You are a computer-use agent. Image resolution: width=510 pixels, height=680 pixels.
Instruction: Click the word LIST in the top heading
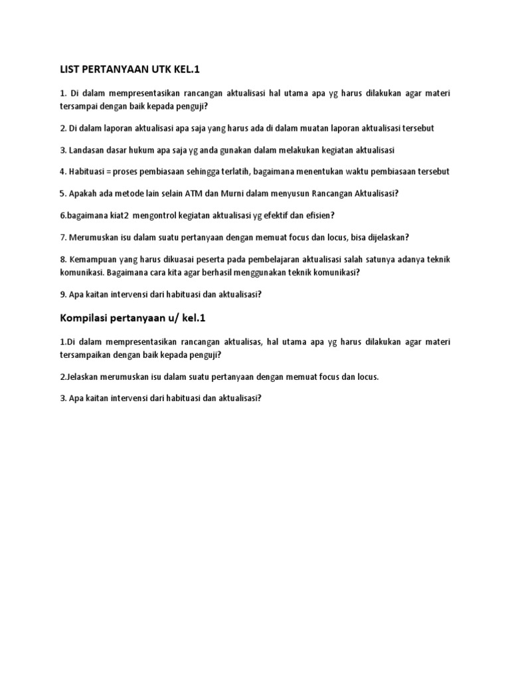[x=70, y=70]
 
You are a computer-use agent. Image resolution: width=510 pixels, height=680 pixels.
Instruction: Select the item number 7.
[x=62, y=237]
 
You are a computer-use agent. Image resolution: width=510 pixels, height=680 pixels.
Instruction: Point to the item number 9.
[x=62, y=294]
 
